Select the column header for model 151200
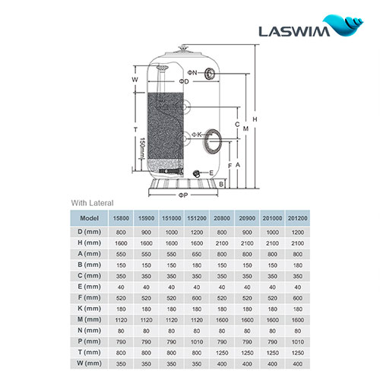(198, 217)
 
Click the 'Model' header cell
(92, 217)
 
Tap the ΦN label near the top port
(192, 72)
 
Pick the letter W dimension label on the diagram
(134, 78)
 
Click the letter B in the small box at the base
(220, 184)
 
